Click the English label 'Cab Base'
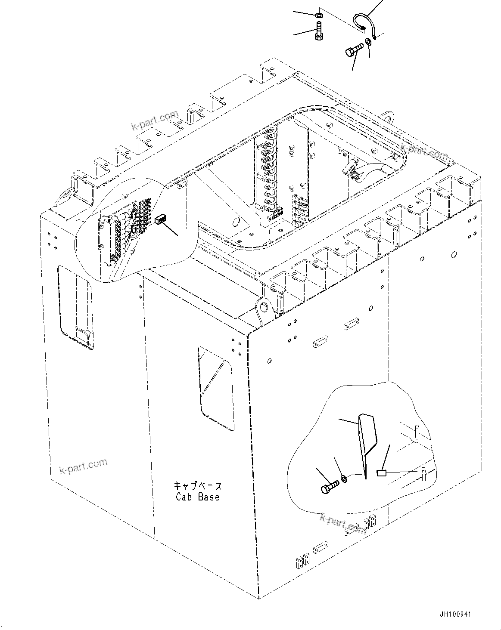[198, 497]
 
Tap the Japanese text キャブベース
[198, 486]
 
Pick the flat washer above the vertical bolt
[318, 16]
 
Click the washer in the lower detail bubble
[344, 478]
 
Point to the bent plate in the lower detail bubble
[367, 443]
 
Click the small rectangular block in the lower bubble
[381, 473]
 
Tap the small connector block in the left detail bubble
[161, 220]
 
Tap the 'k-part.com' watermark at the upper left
[155, 121]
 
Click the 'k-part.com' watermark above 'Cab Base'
[83, 466]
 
